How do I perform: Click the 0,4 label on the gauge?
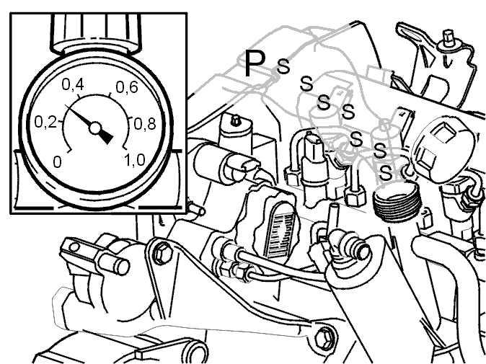pyautogui.click(x=73, y=84)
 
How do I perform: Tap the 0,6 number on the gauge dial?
pyautogui.click(x=127, y=87)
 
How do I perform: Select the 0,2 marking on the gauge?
pyautogui.click(x=45, y=122)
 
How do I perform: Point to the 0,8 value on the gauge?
pyautogui.click(x=145, y=124)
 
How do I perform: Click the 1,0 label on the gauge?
pyautogui.click(x=135, y=160)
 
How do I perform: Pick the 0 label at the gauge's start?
pyautogui.click(x=58, y=162)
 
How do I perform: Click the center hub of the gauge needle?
pyautogui.click(x=95, y=128)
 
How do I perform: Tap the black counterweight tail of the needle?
pyautogui.click(x=106, y=136)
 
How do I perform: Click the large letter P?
pyautogui.click(x=255, y=63)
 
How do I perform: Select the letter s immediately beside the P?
pyautogui.click(x=283, y=66)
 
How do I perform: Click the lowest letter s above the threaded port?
pyautogui.click(x=386, y=173)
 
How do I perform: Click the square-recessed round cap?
pyautogui.click(x=442, y=151)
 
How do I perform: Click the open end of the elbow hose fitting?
pyautogui.click(x=363, y=252)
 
